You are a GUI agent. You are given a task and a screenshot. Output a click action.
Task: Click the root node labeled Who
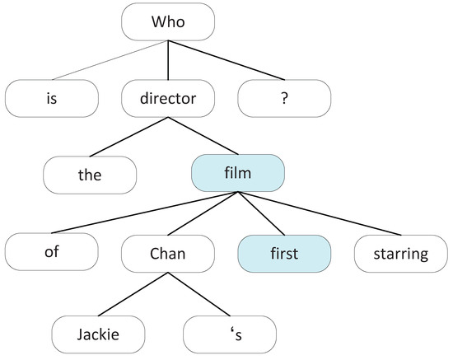click(x=169, y=22)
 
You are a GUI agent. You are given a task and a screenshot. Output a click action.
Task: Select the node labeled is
click(x=51, y=98)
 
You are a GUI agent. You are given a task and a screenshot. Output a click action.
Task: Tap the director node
click(x=169, y=98)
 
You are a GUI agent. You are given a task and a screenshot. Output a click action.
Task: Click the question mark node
click(x=285, y=98)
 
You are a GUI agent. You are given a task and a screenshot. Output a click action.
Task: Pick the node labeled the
click(x=90, y=175)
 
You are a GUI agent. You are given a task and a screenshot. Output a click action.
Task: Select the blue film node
click(x=238, y=175)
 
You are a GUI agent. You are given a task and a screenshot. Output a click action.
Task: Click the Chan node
click(x=169, y=254)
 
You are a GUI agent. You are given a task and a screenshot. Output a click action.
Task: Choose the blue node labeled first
click(x=285, y=254)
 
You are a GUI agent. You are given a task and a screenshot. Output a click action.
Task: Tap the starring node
click(x=401, y=254)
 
